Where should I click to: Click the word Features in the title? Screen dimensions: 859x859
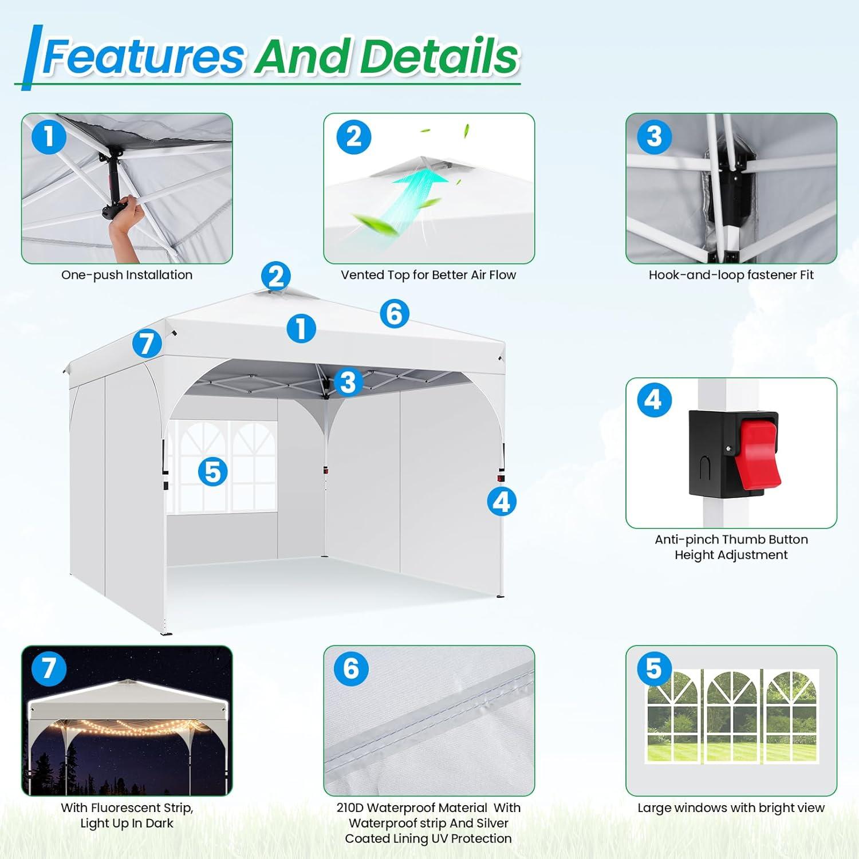pos(144,56)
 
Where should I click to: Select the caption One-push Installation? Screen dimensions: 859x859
pos(127,275)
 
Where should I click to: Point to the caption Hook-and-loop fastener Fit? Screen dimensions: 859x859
pos(731,275)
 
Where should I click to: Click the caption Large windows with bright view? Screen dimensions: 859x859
pos(731,808)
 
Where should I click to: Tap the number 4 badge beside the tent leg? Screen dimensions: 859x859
pos(502,501)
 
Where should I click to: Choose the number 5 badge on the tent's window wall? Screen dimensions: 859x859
pos(212,472)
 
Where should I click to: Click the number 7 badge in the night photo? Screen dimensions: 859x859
pos(49,668)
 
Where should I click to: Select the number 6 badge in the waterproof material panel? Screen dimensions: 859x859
pos(351,668)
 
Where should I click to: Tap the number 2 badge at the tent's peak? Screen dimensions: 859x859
pos(276,277)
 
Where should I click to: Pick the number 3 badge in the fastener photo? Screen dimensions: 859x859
pos(654,136)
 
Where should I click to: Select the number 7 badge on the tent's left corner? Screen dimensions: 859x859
pos(147,344)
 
